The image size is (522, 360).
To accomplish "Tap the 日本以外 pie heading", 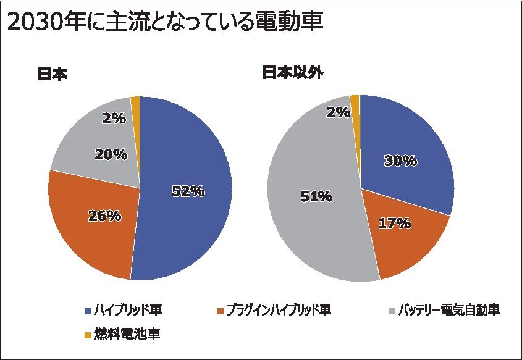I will coord(293,72).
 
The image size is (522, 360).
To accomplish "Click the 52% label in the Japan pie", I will coord(188,191).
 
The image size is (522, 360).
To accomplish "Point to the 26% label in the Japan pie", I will coord(104,216).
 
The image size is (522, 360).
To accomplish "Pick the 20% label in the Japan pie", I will coord(111,155).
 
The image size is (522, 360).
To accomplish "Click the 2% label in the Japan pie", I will coord(114,118).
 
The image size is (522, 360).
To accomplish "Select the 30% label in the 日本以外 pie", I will coord(400,161).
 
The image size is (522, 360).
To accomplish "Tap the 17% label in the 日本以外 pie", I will coord(395,223).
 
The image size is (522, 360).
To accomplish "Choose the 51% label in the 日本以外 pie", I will coord(316,197).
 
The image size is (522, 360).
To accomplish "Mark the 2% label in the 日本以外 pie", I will coord(339,112).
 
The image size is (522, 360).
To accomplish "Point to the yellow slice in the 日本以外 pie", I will coord(355,105).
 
